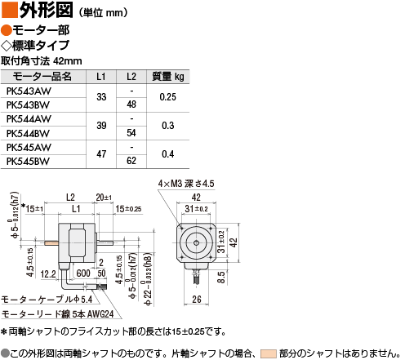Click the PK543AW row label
click(x=29, y=91)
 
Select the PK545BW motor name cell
click(x=28, y=162)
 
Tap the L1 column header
click(x=101, y=77)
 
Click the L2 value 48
click(x=131, y=104)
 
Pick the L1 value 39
click(x=101, y=126)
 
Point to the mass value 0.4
click(x=167, y=154)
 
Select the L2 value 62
click(x=131, y=161)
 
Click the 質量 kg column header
click(x=168, y=77)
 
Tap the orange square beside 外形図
click(x=10, y=10)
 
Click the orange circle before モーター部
click(x=6, y=30)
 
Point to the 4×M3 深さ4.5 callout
click(x=186, y=184)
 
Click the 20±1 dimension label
click(x=104, y=198)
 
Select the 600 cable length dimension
click(x=83, y=273)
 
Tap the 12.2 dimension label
click(x=48, y=274)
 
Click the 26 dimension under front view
click(x=197, y=300)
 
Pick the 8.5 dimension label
click(x=221, y=277)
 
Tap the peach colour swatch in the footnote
click(x=268, y=353)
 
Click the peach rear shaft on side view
click(x=51, y=242)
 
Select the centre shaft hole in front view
click(x=196, y=242)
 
